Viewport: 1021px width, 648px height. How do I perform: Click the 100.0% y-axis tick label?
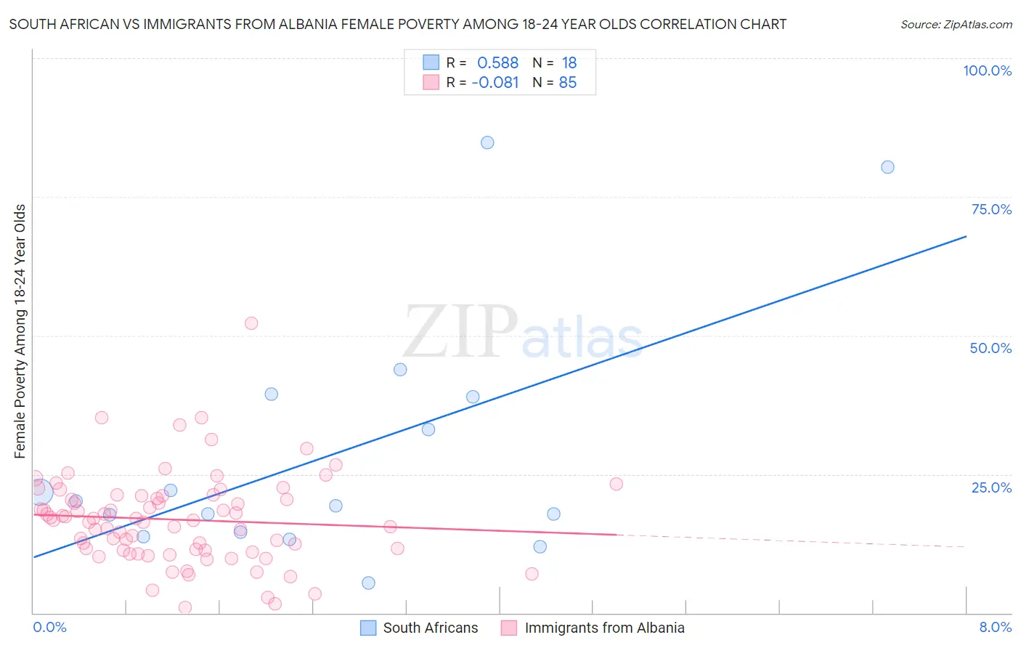[x=987, y=70]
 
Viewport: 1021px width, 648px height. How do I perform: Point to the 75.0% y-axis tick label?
[x=991, y=209]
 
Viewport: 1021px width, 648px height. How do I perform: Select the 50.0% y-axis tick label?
[x=991, y=348]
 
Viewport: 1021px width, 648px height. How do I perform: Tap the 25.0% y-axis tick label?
[x=991, y=487]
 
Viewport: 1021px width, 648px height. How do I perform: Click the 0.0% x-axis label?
[x=49, y=627]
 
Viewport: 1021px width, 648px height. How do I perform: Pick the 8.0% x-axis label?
[x=995, y=627]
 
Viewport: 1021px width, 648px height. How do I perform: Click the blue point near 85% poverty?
[x=487, y=142]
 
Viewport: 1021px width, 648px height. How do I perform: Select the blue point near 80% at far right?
[x=887, y=167]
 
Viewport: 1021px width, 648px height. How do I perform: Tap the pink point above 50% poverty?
[x=251, y=323]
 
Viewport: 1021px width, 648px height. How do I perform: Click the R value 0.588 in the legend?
[x=497, y=63]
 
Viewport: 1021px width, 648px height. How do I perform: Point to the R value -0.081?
[x=495, y=83]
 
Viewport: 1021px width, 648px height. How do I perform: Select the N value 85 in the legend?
[x=568, y=83]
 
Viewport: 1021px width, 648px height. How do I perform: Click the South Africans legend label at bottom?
[x=431, y=628]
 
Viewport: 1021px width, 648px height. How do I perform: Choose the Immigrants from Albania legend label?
[x=604, y=628]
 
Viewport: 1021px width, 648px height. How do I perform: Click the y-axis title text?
[x=20, y=331]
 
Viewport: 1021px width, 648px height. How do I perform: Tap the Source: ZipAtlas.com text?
[x=956, y=25]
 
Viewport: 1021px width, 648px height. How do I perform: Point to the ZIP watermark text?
[x=460, y=332]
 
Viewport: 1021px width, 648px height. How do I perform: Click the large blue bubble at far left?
[x=41, y=492]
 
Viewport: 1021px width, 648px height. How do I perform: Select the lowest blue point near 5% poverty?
[x=368, y=583]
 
